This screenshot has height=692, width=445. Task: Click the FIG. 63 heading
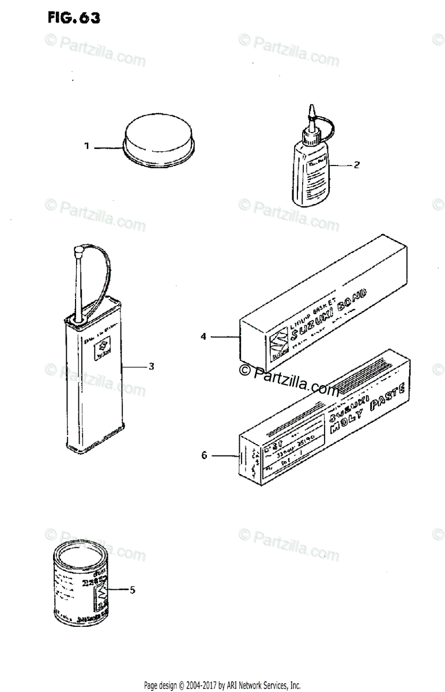pos(74,17)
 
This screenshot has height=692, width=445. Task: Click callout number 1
pos(86,147)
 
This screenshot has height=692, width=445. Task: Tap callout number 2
pos(356,165)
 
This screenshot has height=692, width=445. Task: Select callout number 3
pos(151,366)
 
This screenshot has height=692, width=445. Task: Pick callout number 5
pos(132,589)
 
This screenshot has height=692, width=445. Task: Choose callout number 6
pos(203,456)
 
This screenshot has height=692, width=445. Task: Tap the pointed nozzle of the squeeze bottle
pos(311,110)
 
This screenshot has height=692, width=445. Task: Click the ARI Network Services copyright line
pos(222,686)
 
